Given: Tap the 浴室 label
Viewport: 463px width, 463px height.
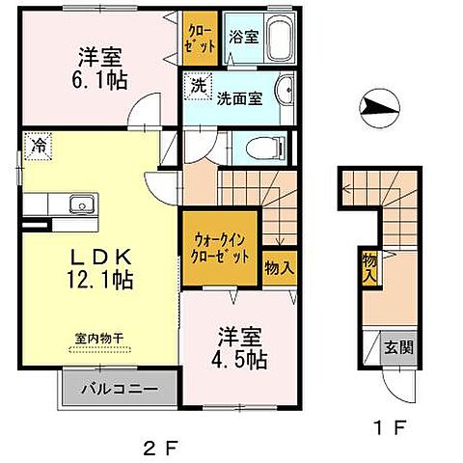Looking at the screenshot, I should [242, 38].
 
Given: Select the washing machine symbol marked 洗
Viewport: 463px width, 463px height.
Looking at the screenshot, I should [196, 84].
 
